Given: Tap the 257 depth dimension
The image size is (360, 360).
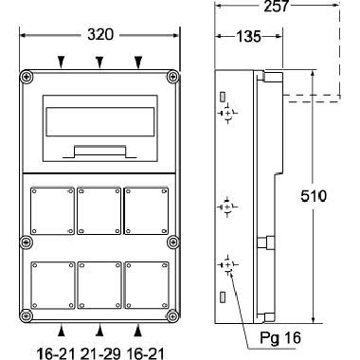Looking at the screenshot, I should tap(274, 7).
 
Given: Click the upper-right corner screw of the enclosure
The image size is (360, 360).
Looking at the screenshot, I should tap(171, 76).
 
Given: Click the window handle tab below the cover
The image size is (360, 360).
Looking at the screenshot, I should tap(99, 150).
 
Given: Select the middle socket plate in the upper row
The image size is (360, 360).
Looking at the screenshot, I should tap(99, 211).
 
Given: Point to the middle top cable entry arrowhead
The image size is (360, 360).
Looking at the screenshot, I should tap(99, 62).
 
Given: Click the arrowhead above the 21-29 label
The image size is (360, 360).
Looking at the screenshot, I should tap(99, 331).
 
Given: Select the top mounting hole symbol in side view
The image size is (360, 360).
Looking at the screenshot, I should tap(227, 114).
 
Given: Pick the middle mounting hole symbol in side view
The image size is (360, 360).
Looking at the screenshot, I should tap(227, 206).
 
